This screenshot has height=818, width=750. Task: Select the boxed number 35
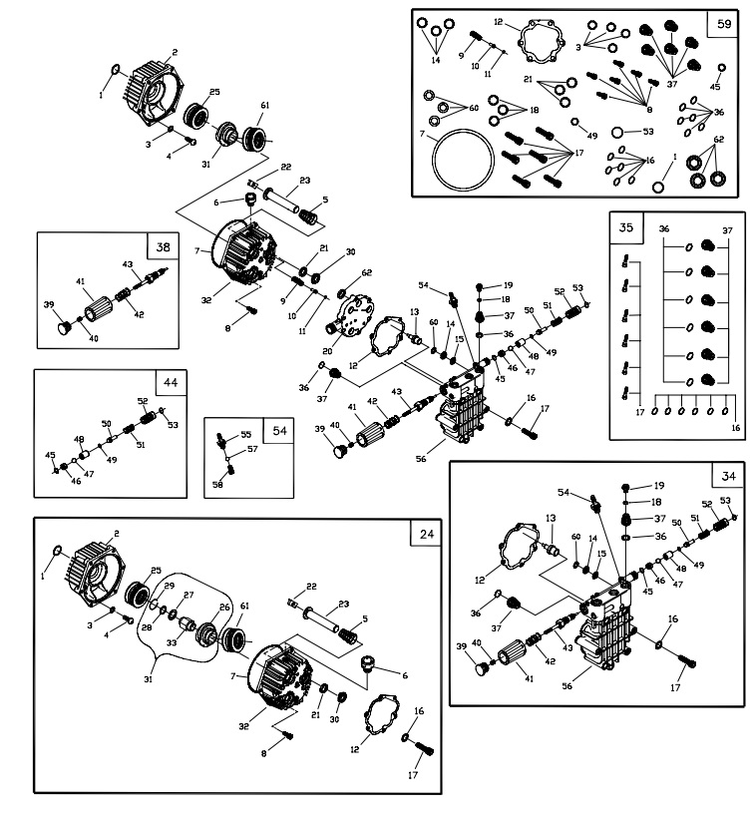[625, 227]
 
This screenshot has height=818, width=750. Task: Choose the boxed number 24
[427, 534]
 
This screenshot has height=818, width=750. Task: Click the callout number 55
[245, 435]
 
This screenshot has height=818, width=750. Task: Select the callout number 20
[328, 350]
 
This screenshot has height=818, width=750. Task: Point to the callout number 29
[170, 587]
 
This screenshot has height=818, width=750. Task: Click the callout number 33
[172, 643]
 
